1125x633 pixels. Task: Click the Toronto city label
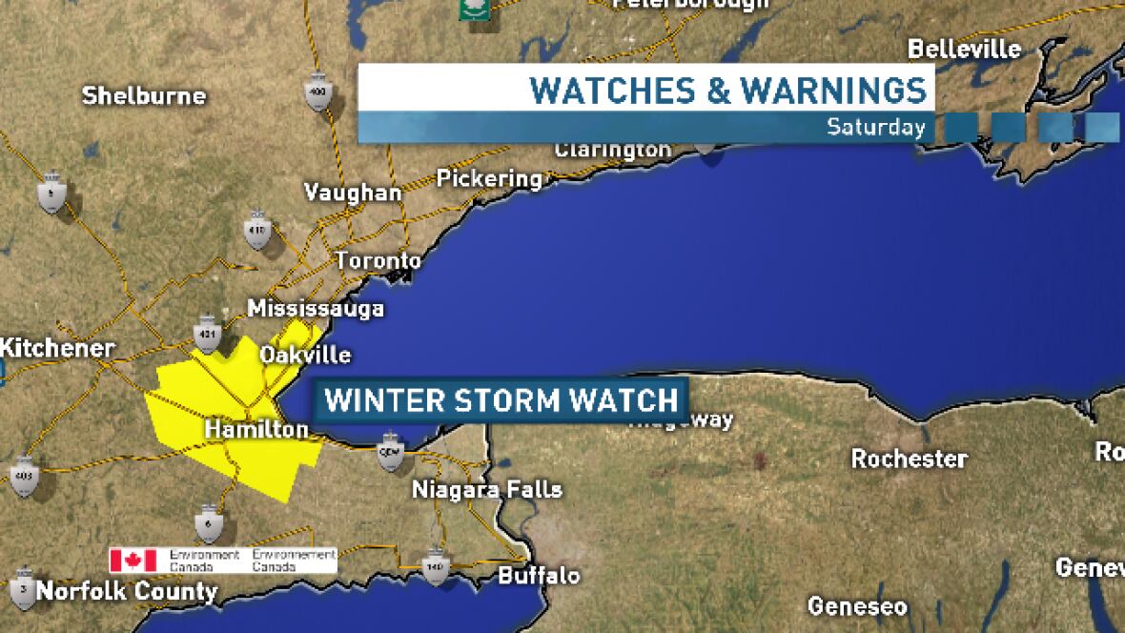pyautogui.click(x=378, y=261)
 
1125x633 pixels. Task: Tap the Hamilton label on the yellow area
pyautogui.click(x=256, y=431)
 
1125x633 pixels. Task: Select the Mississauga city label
pyautogui.click(x=316, y=309)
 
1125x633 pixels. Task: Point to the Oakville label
pyautogui.click(x=305, y=356)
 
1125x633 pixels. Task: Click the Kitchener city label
pyautogui.click(x=57, y=348)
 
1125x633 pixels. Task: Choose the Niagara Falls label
pyautogui.click(x=486, y=491)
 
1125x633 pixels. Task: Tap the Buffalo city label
pyautogui.click(x=539, y=576)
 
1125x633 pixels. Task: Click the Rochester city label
pyautogui.click(x=909, y=459)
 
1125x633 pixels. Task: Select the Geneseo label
pyautogui.click(x=857, y=606)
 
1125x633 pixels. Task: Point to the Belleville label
pyautogui.click(x=964, y=50)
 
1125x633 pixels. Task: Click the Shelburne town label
pyautogui.click(x=144, y=95)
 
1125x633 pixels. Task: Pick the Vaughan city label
pyautogui.click(x=353, y=193)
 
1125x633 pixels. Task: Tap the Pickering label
pyautogui.click(x=489, y=178)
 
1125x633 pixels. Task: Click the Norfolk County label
pyautogui.click(x=127, y=592)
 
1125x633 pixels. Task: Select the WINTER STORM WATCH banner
pyautogui.click(x=501, y=398)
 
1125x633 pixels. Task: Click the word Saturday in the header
pyautogui.click(x=875, y=127)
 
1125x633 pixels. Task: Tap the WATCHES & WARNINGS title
pyautogui.click(x=727, y=90)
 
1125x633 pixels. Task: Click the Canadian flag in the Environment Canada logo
pyautogui.click(x=133, y=560)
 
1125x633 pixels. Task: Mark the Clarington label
pyautogui.click(x=613, y=151)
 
